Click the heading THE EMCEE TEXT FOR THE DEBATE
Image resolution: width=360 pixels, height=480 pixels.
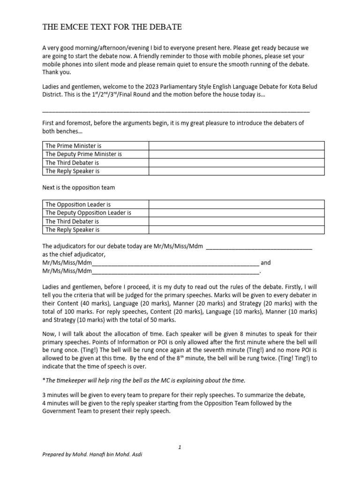click(112, 27)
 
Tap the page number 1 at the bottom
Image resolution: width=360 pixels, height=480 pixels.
click(180, 447)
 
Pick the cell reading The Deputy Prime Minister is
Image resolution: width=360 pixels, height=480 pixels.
click(83, 154)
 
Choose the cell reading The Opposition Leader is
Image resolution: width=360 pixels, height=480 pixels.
click(78, 204)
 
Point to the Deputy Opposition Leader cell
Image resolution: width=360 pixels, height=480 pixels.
click(88, 213)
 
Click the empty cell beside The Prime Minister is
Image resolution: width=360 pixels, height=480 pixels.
click(236, 146)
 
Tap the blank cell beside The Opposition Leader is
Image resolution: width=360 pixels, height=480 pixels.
click(236, 204)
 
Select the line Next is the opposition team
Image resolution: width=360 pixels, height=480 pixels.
click(78, 187)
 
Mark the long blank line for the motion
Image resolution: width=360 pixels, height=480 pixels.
click(176, 111)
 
